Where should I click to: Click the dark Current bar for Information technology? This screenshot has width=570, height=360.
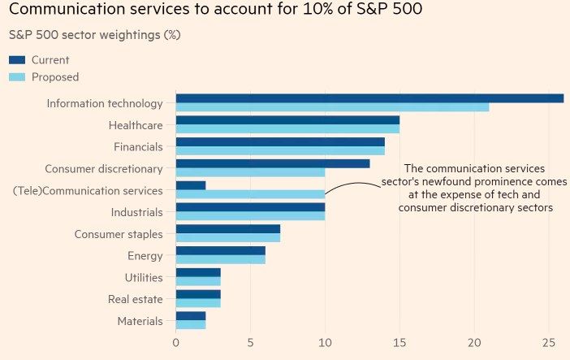pyautogui.click(x=369, y=98)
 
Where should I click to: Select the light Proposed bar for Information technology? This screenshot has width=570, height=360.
pyautogui.click(x=332, y=107)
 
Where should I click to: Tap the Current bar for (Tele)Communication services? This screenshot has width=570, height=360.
pyautogui.click(x=191, y=185)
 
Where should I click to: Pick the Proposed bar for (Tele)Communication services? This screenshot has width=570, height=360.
pyautogui.click(x=250, y=194)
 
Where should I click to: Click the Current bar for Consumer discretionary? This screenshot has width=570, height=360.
pyautogui.click(x=273, y=163)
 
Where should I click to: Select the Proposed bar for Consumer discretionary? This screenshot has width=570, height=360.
pyautogui.click(x=250, y=172)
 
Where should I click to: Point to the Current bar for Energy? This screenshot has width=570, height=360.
pyautogui.click(x=220, y=251)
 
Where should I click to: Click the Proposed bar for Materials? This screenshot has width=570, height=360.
pyautogui.click(x=191, y=325)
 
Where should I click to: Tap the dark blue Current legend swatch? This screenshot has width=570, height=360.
pyautogui.click(x=17, y=60)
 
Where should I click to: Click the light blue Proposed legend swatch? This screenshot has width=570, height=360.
pyautogui.click(x=17, y=77)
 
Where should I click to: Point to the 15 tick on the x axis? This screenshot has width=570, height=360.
pyautogui.click(x=399, y=343)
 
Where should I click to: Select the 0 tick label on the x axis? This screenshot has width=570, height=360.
pyautogui.click(x=176, y=343)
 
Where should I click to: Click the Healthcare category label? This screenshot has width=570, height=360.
pyautogui.click(x=136, y=125)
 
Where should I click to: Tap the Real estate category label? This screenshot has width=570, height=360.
pyautogui.click(x=135, y=299)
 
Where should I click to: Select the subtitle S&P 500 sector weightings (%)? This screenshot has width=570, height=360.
pyautogui.click(x=94, y=35)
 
